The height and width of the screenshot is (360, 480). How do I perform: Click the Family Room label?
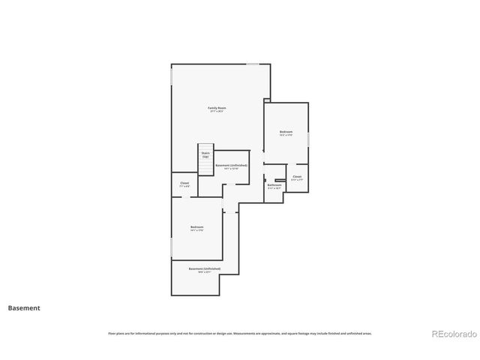click(217, 108)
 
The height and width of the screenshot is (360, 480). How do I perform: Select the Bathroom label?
click(274, 184)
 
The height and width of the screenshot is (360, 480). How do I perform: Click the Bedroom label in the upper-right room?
click(286, 131)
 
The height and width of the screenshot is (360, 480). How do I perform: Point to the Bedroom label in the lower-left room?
click(196, 226)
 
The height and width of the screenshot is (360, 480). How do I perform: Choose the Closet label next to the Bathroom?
click(297, 177)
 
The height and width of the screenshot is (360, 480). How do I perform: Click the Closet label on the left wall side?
click(184, 183)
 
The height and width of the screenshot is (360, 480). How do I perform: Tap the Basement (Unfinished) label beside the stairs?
click(231, 165)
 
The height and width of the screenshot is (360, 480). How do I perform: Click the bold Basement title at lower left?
click(24, 307)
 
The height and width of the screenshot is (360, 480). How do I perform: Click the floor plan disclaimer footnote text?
click(239, 333)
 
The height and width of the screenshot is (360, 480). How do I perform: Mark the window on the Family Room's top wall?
click(253, 64)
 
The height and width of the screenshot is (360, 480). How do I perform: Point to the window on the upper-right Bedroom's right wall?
click(308, 139)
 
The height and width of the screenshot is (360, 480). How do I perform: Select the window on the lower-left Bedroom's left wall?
click(172, 247)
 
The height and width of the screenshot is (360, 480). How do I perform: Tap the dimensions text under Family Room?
click(217, 112)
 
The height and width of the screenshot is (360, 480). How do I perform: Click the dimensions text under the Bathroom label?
click(274, 188)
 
